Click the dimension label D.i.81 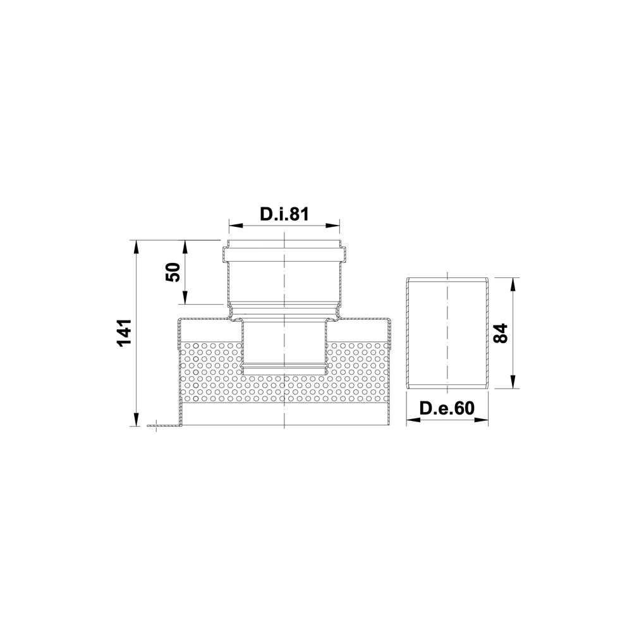coord(284,214)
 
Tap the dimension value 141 coord(123,332)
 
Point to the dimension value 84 coord(501,333)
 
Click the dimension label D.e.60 coord(447,408)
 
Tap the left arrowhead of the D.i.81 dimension coord(234,226)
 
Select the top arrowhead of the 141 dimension coord(137,246)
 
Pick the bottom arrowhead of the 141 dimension coord(137,420)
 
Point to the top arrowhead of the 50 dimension coord(185,246)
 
